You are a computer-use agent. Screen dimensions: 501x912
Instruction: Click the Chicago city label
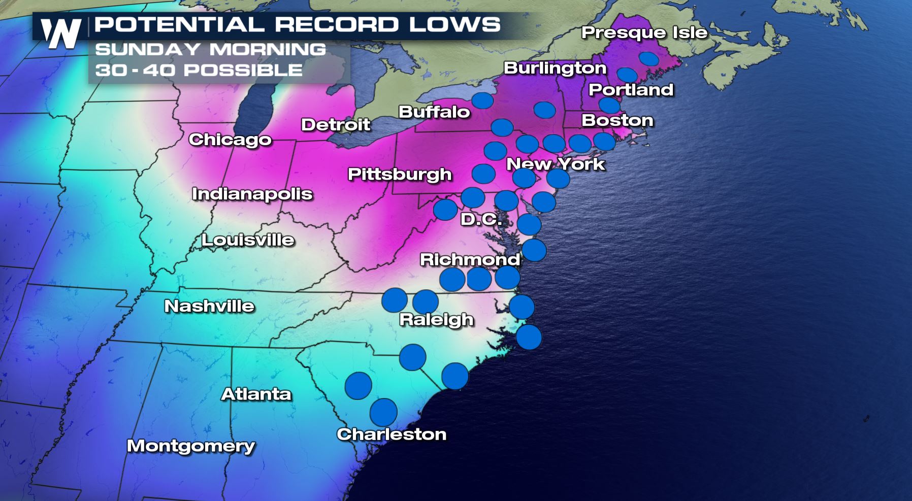pos(230,140)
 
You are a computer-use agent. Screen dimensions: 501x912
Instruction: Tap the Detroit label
pos(336,124)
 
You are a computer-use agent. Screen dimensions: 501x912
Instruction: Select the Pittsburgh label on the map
pos(400,174)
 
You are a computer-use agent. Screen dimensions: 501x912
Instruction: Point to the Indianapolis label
pos(252,194)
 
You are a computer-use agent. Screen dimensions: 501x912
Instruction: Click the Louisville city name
pos(248,240)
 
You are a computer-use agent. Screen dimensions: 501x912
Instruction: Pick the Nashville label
pos(209,306)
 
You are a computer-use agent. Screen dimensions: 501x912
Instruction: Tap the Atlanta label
pos(256,394)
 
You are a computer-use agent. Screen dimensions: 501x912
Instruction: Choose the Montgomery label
pos(190,446)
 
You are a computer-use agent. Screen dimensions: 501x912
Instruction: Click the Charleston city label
pos(392,434)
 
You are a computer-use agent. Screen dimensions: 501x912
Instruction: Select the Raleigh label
pos(436,319)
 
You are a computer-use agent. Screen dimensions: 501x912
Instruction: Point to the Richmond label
pos(470,259)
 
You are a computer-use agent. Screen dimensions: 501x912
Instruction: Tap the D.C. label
pos(481,219)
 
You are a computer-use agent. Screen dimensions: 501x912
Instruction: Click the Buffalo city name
pos(434,112)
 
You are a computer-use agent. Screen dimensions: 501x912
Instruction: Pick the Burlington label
pos(555,68)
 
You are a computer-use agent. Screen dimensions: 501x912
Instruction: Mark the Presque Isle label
pos(644,32)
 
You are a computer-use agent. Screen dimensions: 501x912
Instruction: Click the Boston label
pos(617,120)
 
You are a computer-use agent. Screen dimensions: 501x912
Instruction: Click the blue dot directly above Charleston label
pos(383,412)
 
